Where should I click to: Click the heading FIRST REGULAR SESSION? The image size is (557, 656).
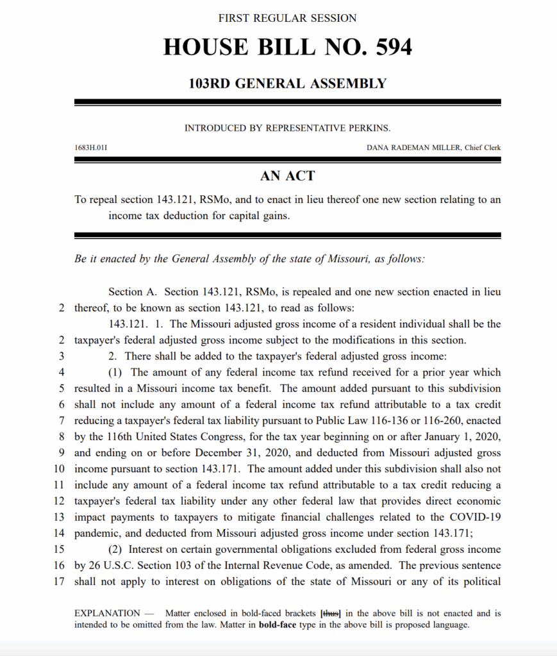click(287, 18)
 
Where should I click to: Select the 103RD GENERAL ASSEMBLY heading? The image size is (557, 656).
click(287, 83)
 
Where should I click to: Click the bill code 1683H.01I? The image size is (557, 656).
click(90, 148)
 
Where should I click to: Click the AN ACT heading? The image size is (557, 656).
click(287, 176)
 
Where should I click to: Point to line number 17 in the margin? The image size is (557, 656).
click(62, 582)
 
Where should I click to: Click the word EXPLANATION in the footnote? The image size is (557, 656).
click(107, 614)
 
